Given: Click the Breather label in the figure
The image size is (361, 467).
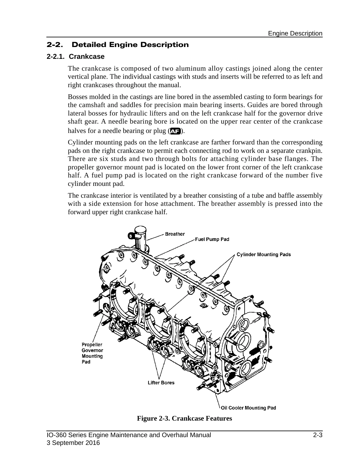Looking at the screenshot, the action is pos(175,234).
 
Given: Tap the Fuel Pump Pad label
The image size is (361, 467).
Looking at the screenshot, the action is pos(212,239).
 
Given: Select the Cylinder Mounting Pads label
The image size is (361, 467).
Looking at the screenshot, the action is pos(264,254).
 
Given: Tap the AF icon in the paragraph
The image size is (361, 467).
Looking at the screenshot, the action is pos(175,131).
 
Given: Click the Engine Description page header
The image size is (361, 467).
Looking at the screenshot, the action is pos(295,33).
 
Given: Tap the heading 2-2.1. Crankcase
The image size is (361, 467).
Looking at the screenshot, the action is pos(76,57).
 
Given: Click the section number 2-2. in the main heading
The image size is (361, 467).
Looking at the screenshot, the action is pos(55,45).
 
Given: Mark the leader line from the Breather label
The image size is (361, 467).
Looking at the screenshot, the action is pos(155,237).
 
